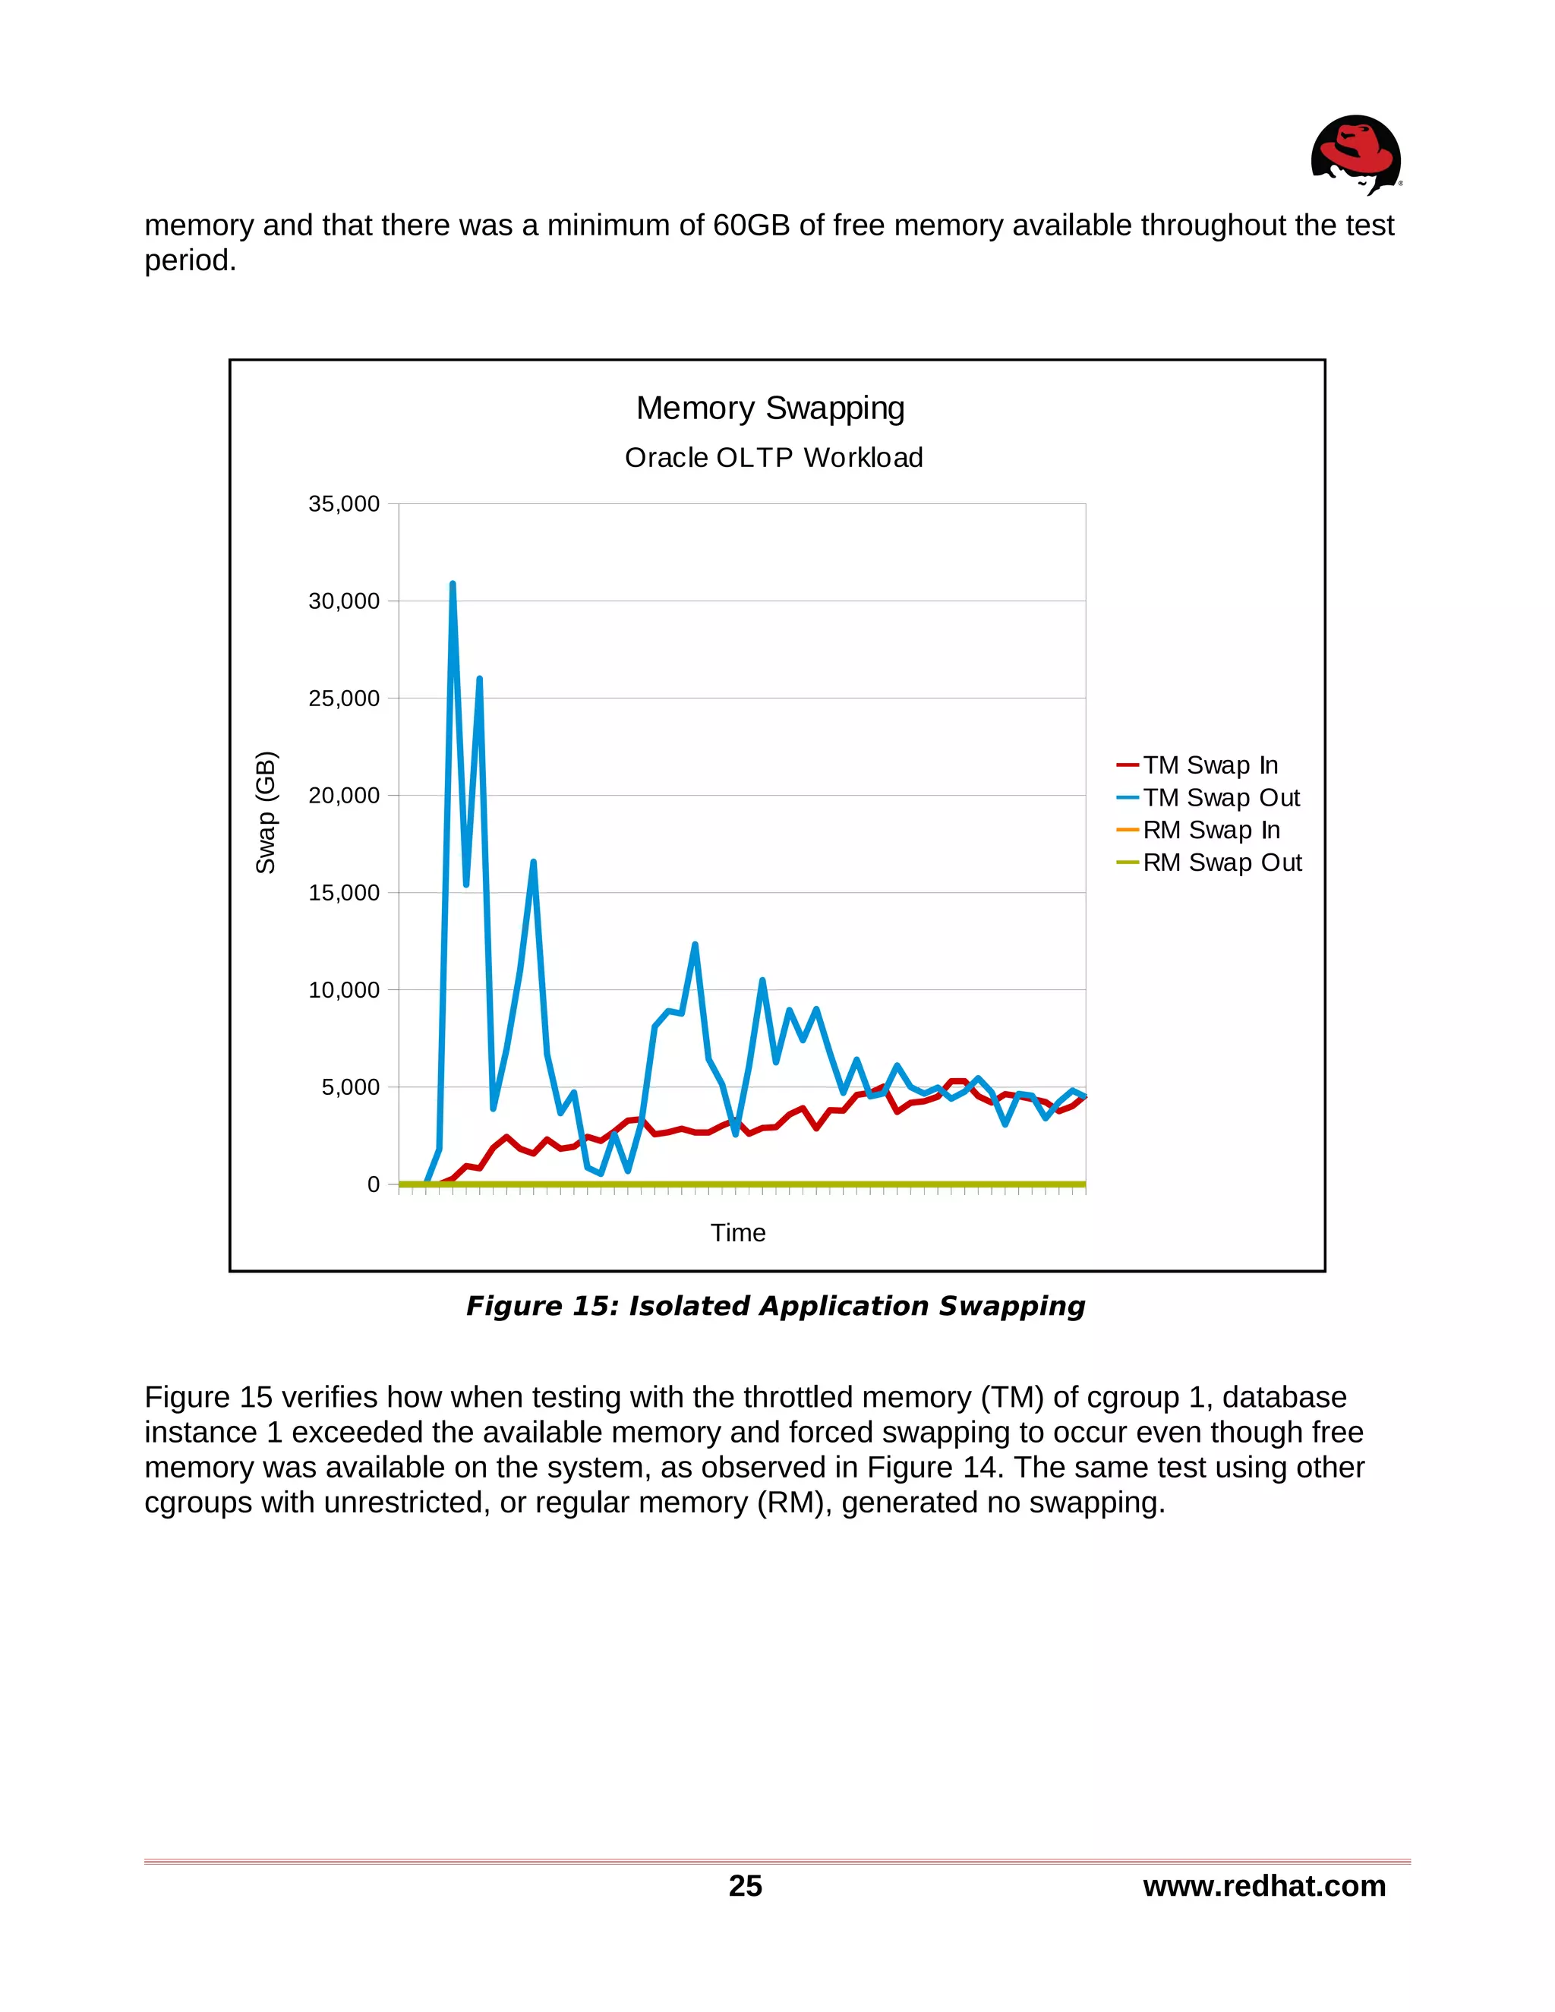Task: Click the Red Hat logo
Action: coord(1355,154)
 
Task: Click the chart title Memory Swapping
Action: coord(770,408)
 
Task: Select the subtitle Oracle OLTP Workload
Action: coord(773,458)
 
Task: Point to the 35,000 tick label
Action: coord(344,504)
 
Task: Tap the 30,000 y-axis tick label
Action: coord(344,601)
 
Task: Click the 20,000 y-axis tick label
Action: coord(344,796)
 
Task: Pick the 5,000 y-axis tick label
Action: coord(350,1087)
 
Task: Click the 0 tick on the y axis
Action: coord(373,1184)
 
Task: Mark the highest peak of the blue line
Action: coord(453,584)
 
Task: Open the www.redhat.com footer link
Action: coord(1264,1886)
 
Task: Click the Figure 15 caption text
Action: coord(776,1307)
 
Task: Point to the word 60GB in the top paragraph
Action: coord(752,225)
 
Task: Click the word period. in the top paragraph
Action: coord(191,260)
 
